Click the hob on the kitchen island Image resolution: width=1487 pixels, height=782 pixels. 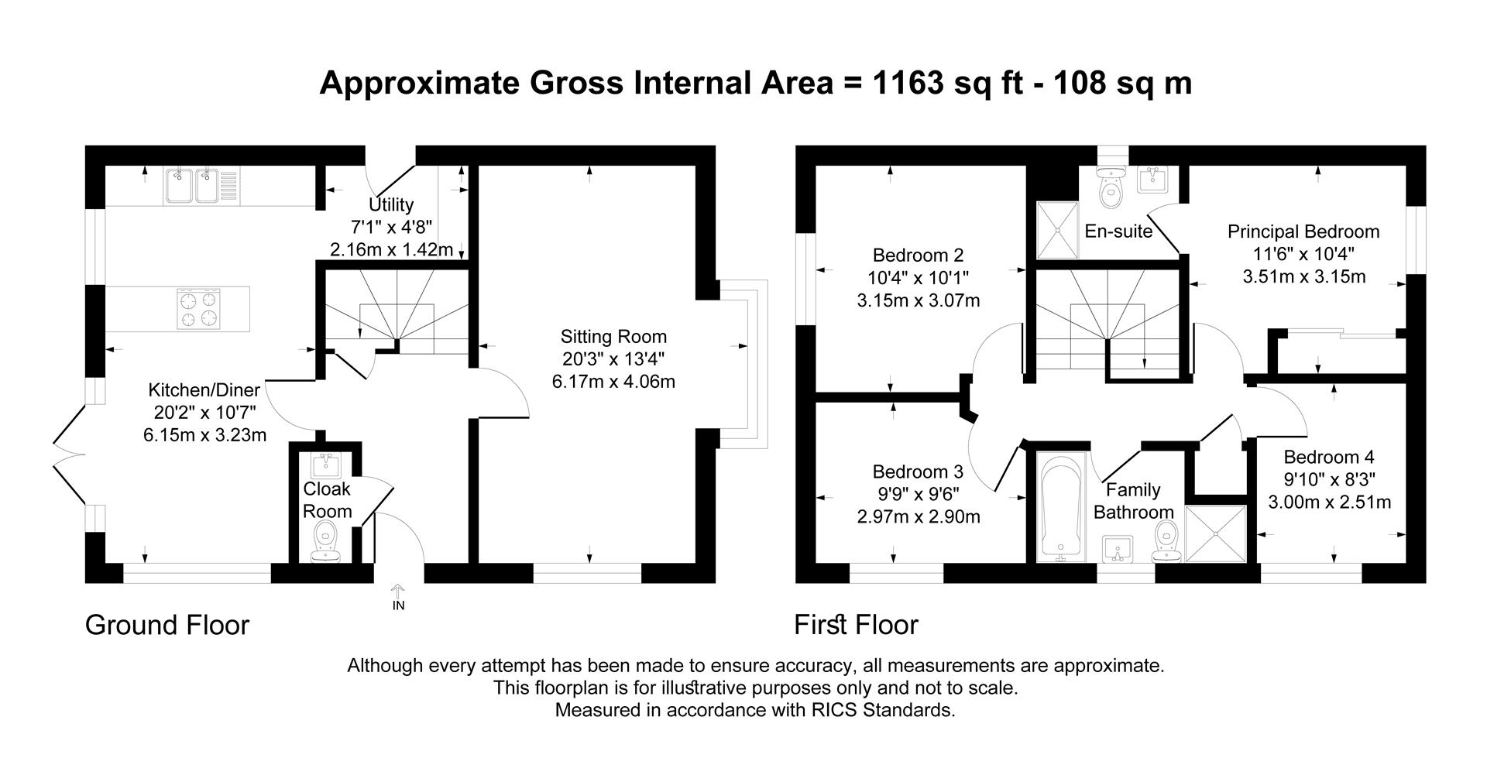[x=197, y=309]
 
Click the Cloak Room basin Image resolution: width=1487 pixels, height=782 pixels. [x=325, y=466]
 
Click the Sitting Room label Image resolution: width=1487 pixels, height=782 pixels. [x=613, y=337]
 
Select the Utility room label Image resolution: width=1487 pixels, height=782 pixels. [x=391, y=204]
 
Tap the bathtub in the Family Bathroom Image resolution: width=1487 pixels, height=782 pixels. [x=1057, y=508]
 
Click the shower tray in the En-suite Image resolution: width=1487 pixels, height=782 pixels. [x=1057, y=229]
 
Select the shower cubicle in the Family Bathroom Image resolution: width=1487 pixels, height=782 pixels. [x=1216, y=533]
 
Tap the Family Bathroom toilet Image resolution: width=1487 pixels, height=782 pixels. [x=1166, y=542]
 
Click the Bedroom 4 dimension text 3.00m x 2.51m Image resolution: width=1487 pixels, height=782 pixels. [x=1329, y=502]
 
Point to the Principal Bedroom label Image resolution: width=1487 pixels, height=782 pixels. [x=1303, y=232]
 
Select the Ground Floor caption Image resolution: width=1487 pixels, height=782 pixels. [x=167, y=625]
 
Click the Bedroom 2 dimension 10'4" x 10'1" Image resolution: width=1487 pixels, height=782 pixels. [x=918, y=278]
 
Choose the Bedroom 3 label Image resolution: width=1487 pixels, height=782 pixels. [x=918, y=472]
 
